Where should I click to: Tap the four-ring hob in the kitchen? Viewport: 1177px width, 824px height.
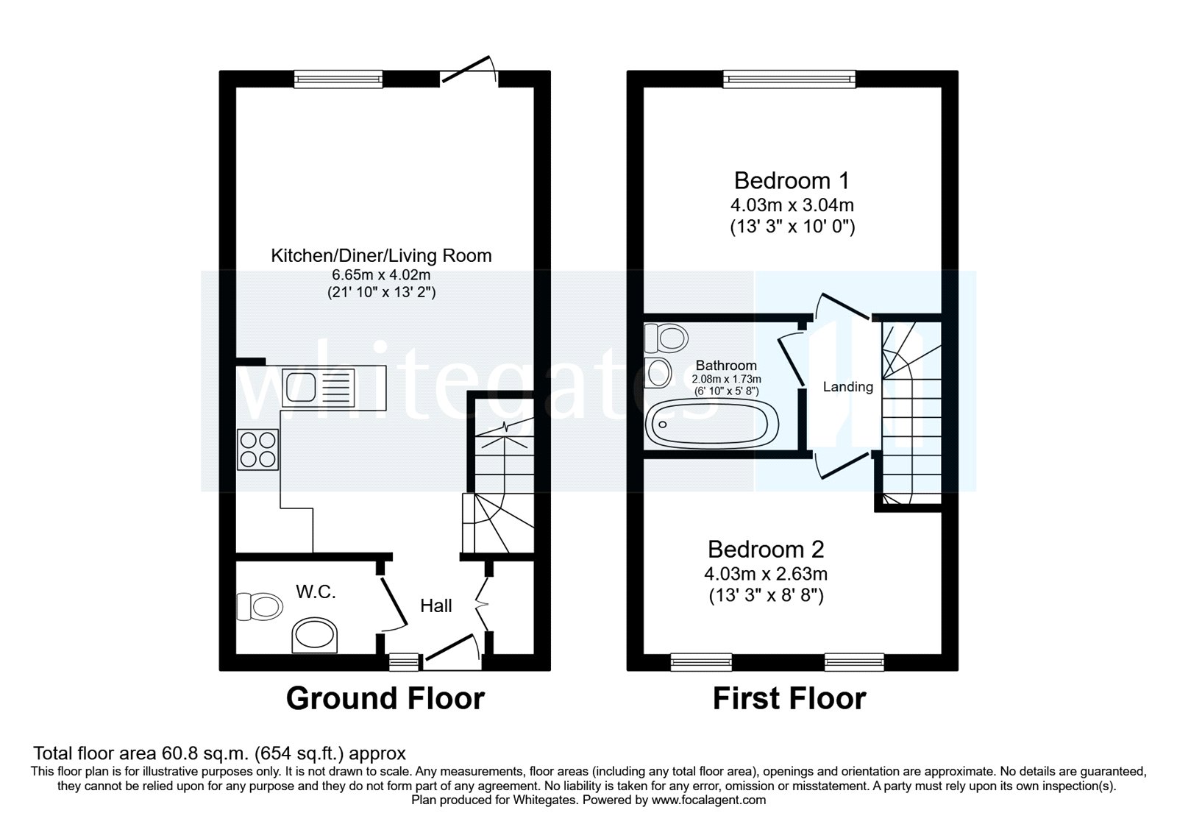tap(257, 450)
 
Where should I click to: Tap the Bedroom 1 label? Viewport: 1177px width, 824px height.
tap(792, 180)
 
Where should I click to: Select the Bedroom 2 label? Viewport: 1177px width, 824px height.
tap(766, 549)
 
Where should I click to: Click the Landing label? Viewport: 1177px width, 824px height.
tap(847, 386)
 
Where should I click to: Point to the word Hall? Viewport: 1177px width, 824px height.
tap(435, 605)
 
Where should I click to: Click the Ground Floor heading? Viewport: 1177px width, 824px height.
tap(385, 698)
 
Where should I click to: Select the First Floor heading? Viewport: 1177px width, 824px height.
tap(789, 698)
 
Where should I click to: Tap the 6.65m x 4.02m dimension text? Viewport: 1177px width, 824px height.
tap(380, 274)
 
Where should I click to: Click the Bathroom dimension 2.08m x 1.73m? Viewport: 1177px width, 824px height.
tap(726, 379)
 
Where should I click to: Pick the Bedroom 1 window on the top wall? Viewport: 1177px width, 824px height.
tap(789, 79)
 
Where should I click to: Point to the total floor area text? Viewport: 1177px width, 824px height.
tap(219, 753)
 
